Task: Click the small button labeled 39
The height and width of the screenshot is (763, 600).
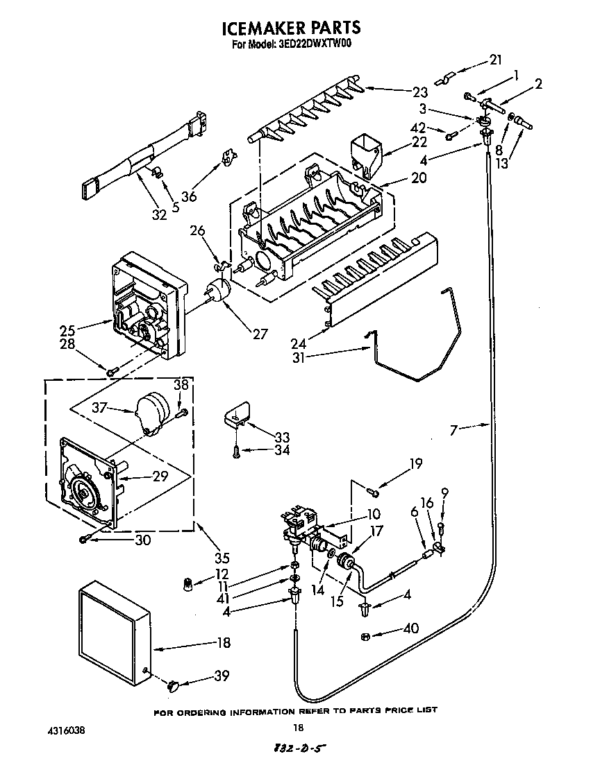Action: (x=174, y=686)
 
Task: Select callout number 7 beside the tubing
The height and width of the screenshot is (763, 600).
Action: (x=456, y=431)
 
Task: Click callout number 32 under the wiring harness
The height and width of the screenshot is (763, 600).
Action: (x=159, y=214)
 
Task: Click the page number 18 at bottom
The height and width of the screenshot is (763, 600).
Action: (x=298, y=728)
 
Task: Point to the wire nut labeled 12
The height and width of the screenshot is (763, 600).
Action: (x=186, y=584)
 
